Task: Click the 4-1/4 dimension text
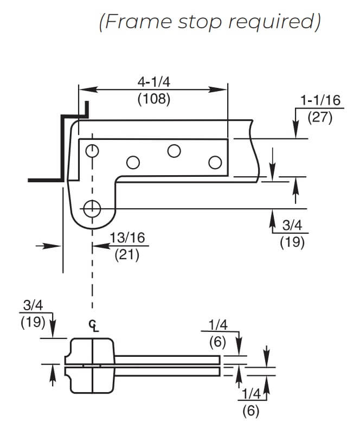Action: [x=154, y=82]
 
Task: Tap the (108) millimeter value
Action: [x=154, y=99]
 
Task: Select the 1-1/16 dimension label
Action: [x=320, y=100]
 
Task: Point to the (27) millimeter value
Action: [x=320, y=118]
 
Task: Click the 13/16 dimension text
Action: [x=127, y=238]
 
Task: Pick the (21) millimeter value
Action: [x=127, y=255]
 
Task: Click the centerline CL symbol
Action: [x=94, y=325]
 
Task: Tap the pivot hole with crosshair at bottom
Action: [x=92, y=209]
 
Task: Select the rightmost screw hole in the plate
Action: [x=215, y=162]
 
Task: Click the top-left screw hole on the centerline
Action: [x=92, y=151]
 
